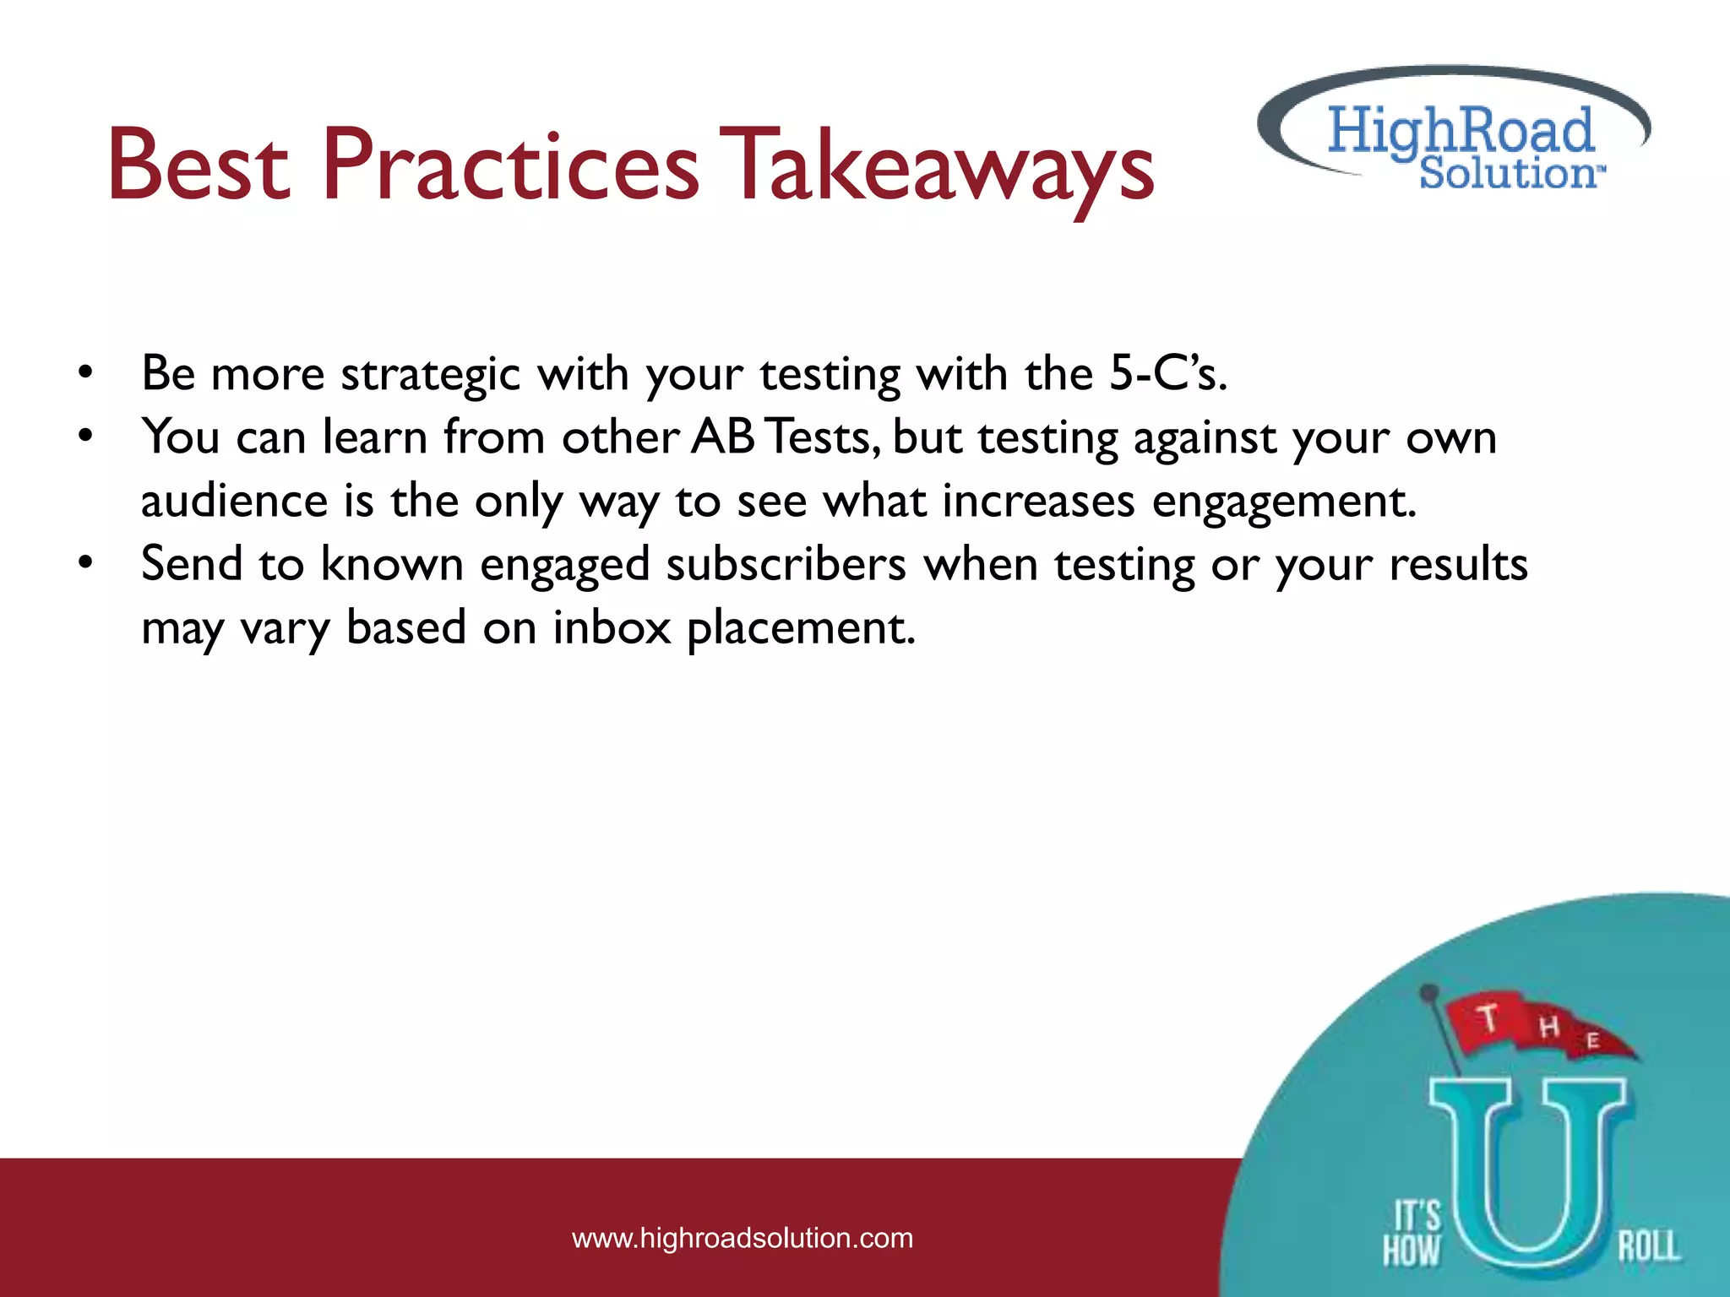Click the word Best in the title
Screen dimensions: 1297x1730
point(199,166)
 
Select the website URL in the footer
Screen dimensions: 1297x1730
point(743,1238)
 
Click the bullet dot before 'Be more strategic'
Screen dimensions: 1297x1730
point(84,372)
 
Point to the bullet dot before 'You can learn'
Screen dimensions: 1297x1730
point(84,437)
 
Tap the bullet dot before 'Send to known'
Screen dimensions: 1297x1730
point(84,563)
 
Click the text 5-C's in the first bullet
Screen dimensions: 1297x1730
point(1167,373)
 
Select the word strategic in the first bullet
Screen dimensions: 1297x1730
point(431,375)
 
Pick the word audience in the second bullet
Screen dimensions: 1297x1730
point(234,501)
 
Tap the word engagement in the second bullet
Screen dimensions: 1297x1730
point(1284,502)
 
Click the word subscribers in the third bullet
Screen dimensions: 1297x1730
point(786,564)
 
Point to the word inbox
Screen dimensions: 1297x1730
point(612,628)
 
